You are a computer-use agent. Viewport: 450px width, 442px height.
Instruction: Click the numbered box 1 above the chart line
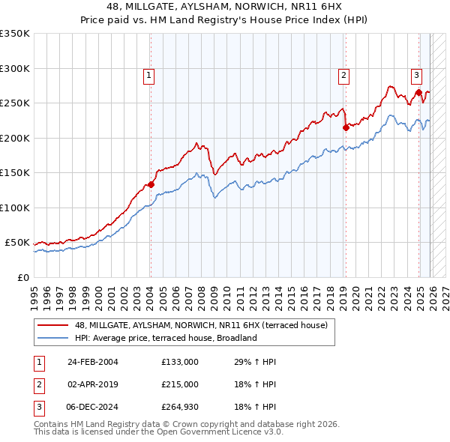coord(149,75)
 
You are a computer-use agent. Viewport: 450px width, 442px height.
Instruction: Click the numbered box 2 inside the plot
coord(343,75)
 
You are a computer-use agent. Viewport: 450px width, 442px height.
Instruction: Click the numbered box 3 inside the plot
coord(415,75)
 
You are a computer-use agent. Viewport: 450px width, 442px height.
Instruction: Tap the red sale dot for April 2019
coord(346,127)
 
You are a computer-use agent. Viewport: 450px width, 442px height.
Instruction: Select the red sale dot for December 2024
coord(418,93)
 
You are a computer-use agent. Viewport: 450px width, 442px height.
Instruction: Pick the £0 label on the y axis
coord(22,277)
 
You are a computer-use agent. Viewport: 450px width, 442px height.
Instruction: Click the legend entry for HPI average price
coord(165,338)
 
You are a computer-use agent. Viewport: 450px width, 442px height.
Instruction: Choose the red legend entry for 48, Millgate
coord(200,325)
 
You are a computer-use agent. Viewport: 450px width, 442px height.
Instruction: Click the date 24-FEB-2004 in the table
coord(92,362)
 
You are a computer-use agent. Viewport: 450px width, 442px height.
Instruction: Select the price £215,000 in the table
coord(180,384)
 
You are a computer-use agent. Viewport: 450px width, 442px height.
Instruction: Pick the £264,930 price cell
coord(180,407)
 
